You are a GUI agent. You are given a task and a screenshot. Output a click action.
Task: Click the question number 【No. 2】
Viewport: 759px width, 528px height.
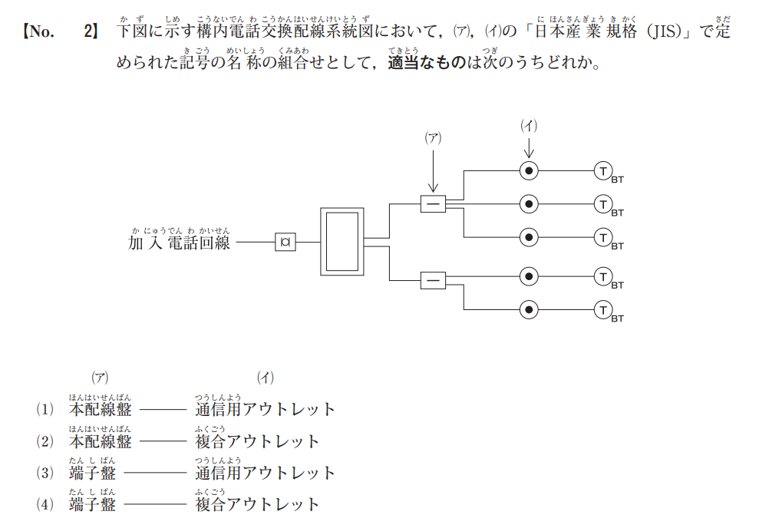click(x=61, y=32)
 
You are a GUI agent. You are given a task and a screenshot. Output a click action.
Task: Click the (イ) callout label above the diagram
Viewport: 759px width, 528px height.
click(x=528, y=126)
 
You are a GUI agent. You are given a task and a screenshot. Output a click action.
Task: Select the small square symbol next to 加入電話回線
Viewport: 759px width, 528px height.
click(x=285, y=242)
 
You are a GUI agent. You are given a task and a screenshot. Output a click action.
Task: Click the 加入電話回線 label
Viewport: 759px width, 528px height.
click(x=180, y=243)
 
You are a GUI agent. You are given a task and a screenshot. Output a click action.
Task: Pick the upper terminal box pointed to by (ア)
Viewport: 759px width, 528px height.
click(x=433, y=203)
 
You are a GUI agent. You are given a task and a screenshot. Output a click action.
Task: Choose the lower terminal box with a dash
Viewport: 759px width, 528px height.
click(x=433, y=281)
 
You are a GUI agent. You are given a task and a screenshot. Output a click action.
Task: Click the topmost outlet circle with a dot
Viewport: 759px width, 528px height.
click(x=529, y=170)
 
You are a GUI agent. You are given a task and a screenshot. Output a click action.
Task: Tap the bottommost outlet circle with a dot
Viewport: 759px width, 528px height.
click(x=529, y=309)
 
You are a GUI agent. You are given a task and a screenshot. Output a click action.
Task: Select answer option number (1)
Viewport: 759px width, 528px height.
click(x=43, y=409)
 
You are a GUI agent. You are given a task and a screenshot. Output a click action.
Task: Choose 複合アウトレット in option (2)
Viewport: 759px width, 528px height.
click(x=257, y=441)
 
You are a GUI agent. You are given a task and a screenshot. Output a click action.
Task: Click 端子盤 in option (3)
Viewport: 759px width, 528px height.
click(x=92, y=473)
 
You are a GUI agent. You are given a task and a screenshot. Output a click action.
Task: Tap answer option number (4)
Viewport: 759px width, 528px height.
click(x=43, y=504)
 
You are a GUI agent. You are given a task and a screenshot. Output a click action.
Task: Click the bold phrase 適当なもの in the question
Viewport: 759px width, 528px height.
click(x=427, y=64)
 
